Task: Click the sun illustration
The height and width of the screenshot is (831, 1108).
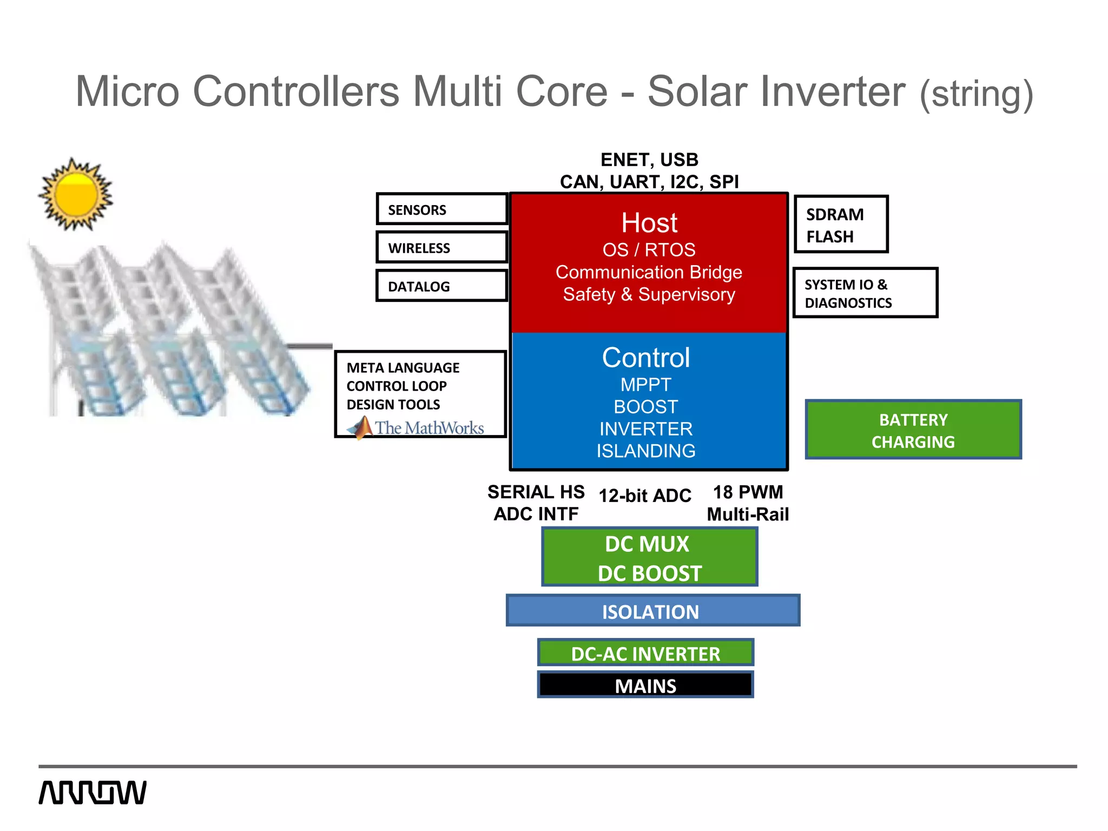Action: pyautogui.click(x=76, y=194)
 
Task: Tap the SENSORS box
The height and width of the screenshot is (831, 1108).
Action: pyautogui.click(x=441, y=209)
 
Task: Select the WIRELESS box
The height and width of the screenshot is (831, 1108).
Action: pyautogui.click(x=441, y=248)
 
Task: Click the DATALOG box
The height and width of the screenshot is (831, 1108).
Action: pyautogui.click(x=441, y=286)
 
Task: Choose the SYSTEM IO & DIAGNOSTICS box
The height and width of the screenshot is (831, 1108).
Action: pyautogui.click(x=865, y=293)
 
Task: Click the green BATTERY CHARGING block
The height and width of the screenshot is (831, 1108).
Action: pyautogui.click(x=913, y=430)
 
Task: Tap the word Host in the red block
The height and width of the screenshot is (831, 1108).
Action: pyautogui.click(x=649, y=223)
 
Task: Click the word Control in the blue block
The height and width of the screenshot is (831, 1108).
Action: pyautogui.click(x=646, y=358)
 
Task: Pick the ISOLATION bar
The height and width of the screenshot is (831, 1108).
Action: pyautogui.click(x=652, y=611)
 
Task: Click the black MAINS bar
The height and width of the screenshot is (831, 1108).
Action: pyautogui.click(x=645, y=685)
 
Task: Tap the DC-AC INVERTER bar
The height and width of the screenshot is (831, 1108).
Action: pyautogui.click(x=645, y=654)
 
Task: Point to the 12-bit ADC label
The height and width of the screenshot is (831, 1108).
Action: pyautogui.click(x=645, y=496)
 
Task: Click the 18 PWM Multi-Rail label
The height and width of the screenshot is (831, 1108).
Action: pyautogui.click(x=748, y=503)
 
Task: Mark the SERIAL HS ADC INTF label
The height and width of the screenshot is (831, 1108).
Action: pyautogui.click(x=536, y=503)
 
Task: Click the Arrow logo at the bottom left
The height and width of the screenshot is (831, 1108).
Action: pyautogui.click(x=93, y=793)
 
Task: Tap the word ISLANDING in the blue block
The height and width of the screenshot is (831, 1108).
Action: pyautogui.click(x=646, y=451)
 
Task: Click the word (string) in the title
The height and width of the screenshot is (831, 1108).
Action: pyautogui.click(x=977, y=94)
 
